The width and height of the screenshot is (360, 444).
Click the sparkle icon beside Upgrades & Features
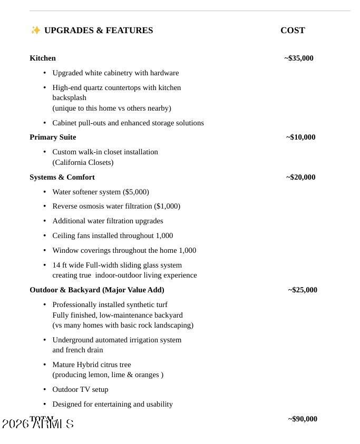coord(35,30)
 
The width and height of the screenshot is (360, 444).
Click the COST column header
coord(293,31)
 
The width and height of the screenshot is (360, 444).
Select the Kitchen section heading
coord(43,58)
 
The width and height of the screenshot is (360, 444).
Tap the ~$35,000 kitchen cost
coord(299,58)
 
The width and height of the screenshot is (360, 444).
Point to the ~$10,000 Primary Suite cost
coord(301,137)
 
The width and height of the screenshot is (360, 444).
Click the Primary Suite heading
coord(53,137)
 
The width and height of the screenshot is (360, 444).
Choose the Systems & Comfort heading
coord(62,177)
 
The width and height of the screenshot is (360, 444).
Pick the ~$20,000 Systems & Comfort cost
coord(301,177)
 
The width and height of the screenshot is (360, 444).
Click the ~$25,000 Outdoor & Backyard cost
coord(303,290)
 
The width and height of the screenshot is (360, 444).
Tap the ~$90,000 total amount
coord(303,419)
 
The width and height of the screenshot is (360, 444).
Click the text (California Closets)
coord(83,162)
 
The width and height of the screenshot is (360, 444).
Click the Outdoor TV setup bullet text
coord(80,389)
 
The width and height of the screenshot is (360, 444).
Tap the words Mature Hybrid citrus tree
coord(92,364)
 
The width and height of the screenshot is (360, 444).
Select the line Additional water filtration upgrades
coord(108,221)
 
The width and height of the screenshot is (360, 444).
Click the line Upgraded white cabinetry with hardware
coord(115,73)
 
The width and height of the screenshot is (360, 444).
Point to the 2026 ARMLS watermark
coord(38,424)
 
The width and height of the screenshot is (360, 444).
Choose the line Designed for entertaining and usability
coord(112,404)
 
